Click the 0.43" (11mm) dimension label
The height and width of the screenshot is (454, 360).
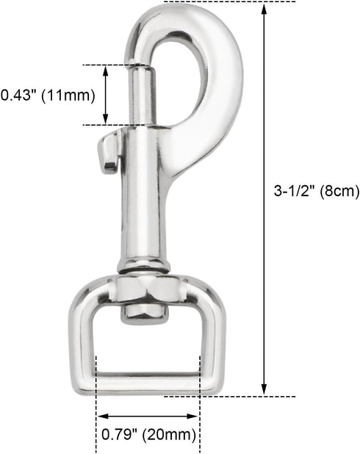coord(48,96)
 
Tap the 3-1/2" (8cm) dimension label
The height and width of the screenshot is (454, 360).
coord(317,191)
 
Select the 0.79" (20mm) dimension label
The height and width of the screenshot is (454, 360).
coord(148,435)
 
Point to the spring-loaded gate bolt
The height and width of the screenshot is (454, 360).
coord(143,95)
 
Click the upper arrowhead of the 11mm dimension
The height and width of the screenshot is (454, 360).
coord(106,70)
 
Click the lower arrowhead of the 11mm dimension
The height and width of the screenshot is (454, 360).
coord(106,120)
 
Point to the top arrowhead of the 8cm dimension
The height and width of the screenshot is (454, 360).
coord(264,9)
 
